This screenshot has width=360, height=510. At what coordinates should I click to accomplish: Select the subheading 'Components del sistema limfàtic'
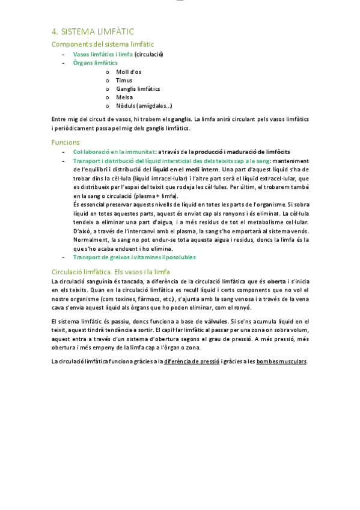pos(103,44)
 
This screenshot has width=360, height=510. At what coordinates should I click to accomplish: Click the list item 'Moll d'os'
pos(129,72)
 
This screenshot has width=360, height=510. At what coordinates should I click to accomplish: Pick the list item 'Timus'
pos(124,80)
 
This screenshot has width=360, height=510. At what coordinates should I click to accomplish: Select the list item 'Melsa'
pos(124,97)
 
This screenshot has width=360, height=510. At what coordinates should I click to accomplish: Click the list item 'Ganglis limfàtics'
pos(138,88)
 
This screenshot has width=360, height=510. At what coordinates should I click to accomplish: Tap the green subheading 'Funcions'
pos(66,142)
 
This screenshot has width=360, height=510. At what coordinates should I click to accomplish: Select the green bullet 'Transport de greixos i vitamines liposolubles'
pos(134,257)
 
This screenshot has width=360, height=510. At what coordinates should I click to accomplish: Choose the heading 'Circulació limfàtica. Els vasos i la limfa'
pos(111,271)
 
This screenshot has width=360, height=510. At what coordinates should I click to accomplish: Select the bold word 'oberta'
pos(276,281)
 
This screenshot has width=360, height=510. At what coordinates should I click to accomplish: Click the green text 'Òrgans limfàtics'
pos(95,63)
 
